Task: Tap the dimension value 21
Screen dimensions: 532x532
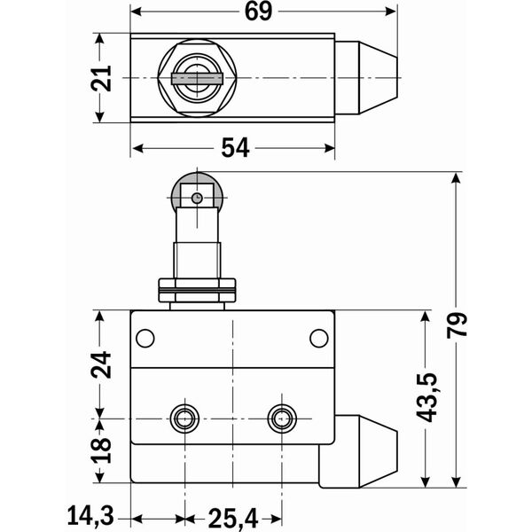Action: pos(105,78)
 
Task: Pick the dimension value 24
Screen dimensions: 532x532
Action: pos(105,364)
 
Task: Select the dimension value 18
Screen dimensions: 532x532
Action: pos(105,450)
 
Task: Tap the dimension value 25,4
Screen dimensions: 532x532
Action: pos(233,515)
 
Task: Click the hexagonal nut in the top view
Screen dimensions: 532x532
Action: pos(193,78)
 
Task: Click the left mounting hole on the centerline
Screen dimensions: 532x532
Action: pos(184,417)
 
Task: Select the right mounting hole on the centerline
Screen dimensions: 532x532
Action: pos(283,417)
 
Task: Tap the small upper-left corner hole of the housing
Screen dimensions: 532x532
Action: pos(145,338)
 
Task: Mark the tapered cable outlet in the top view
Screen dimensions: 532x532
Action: pos(365,78)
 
